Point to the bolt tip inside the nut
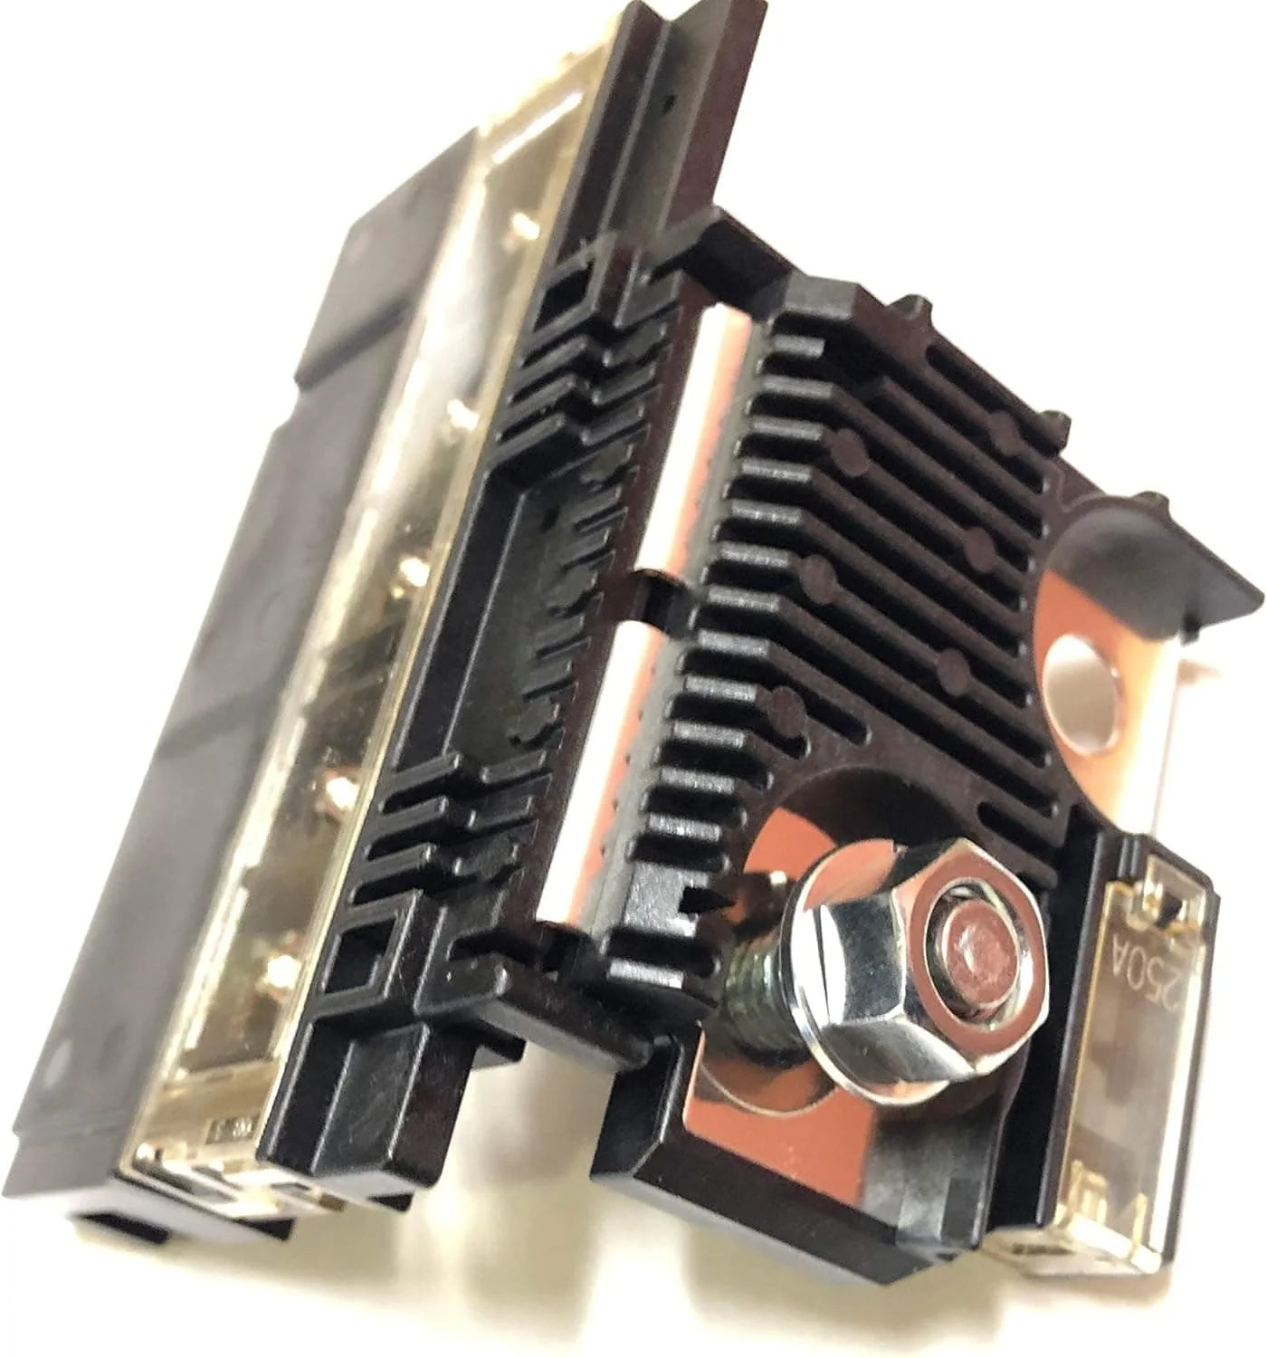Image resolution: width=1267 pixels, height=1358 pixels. [975, 941]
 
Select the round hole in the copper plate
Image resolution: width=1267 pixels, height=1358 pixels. [1081, 691]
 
